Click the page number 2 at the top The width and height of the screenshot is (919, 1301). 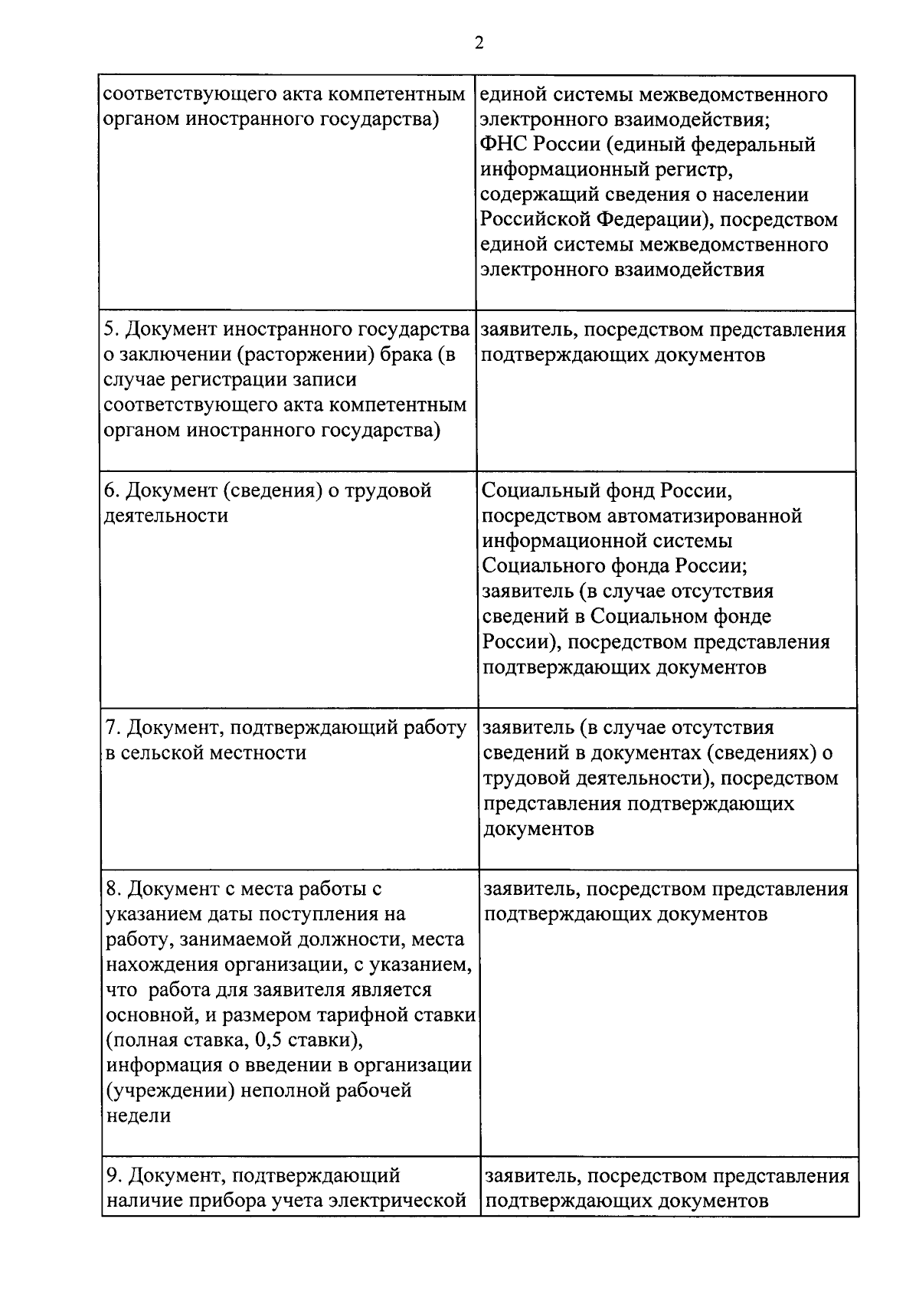pos(479,44)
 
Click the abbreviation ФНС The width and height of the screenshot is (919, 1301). pos(502,145)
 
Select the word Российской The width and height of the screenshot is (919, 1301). pos(535,220)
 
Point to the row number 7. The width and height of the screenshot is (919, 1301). pos(111,728)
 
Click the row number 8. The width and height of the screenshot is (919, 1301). pos(113,890)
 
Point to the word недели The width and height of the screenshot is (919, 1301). pos(139,1116)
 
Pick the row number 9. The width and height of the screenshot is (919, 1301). pos(113,1176)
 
